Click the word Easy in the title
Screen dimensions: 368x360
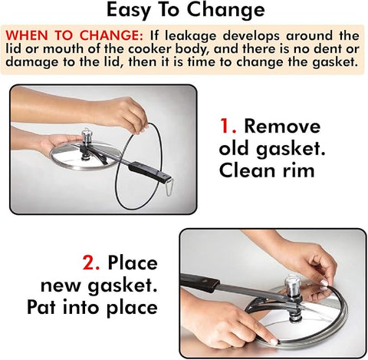click(128, 10)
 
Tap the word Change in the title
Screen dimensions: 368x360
click(225, 10)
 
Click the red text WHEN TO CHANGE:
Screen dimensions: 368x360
click(74, 35)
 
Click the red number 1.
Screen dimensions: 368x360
click(228, 126)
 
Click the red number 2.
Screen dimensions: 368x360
click(91, 263)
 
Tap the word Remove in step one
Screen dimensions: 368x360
click(282, 126)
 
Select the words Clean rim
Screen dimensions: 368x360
click(267, 170)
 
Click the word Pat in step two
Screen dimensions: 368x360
click(41, 306)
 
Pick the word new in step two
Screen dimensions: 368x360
click(61, 285)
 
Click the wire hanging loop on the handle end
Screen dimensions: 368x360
click(169, 187)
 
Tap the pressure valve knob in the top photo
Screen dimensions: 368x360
click(87, 135)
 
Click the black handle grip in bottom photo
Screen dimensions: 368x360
click(199, 282)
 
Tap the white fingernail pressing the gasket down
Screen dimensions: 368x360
click(274, 342)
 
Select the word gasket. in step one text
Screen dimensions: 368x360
click(291, 149)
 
